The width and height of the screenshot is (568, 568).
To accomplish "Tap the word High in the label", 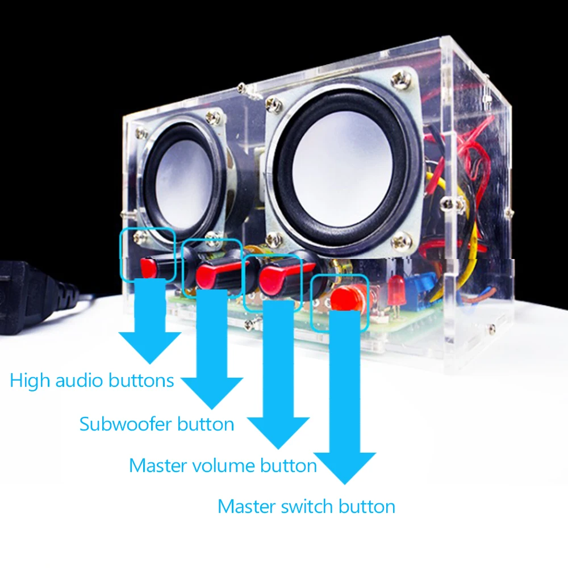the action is click(30, 380).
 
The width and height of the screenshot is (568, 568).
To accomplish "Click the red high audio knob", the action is click(156, 267).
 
